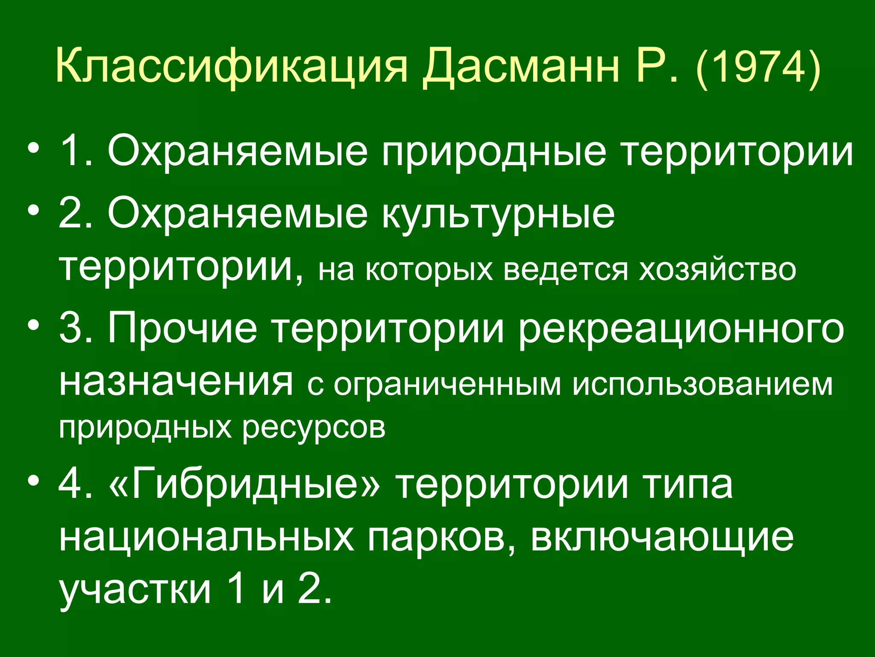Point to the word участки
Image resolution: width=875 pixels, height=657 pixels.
pyautogui.click(x=135, y=591)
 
